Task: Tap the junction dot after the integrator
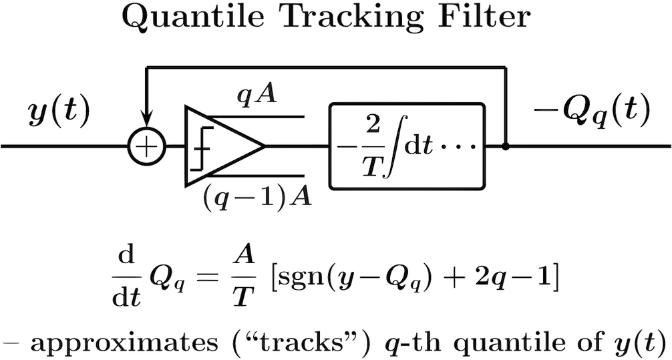pyautogui.click(x=505, y=147)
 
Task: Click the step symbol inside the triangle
pyautogui.click(x=197, y=146)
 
